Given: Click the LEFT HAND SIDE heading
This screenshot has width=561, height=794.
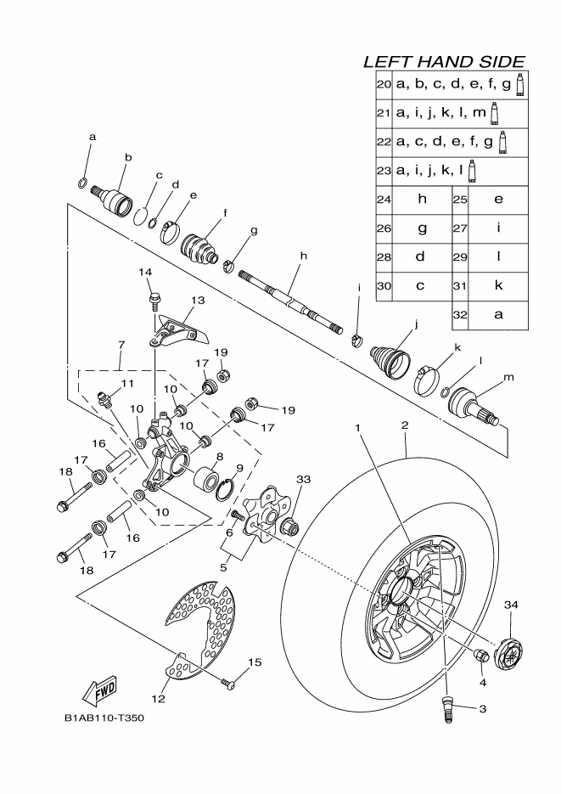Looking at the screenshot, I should click(x=443, y=62).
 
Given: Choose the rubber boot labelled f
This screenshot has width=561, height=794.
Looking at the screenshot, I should click(x=200, y=246).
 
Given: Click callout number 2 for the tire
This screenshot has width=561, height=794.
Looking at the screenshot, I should click(x=405, y=425).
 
